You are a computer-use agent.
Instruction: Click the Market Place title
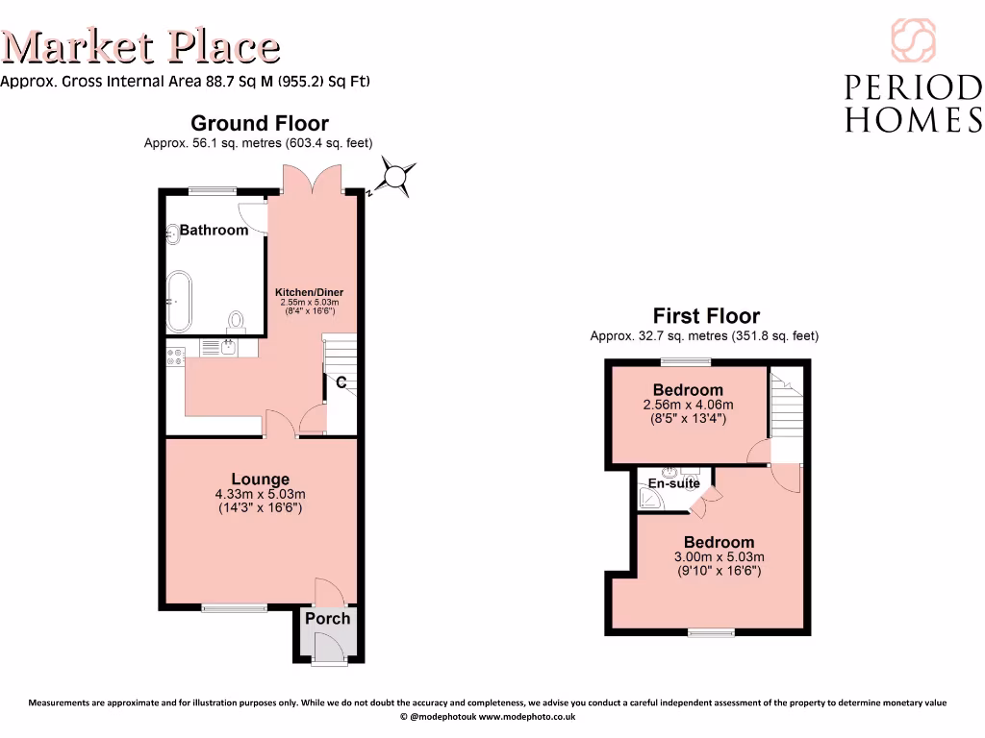click(x=141, y=46)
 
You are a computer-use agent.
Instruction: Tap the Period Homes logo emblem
click(x=912, y=40)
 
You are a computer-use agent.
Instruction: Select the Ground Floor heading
click(x=259, y=123)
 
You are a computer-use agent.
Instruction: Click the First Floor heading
click(x=706, y=315)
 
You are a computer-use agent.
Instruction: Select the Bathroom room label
click(x=214, y=230)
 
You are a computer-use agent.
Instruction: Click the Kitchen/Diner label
click(x=309, y=292)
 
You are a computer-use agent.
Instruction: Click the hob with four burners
click(x=176, y=356)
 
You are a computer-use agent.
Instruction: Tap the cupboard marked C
click(x=341, y=383)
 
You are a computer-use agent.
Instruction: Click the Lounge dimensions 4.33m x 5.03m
click(x=260, y=495)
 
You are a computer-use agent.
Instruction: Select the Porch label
click(x=328, y=618)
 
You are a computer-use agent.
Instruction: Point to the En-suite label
click(x=673, y=483)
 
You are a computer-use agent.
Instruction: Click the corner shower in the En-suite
click(x=653, y=501)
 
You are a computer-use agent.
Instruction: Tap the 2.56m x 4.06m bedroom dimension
click(x=688, y=405)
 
